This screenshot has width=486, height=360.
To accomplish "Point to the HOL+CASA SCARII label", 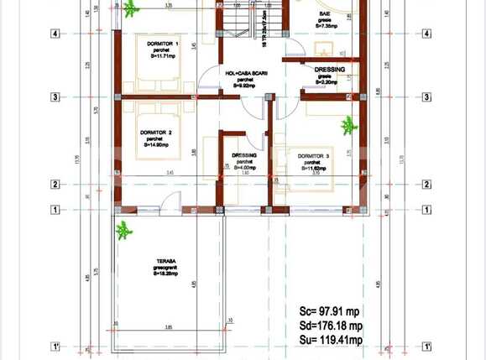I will [244, 73].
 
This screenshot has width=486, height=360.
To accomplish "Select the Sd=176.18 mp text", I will [332, 325].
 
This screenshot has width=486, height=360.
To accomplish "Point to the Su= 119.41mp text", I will [332, 341].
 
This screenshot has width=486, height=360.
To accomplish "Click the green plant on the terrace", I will [124, 228].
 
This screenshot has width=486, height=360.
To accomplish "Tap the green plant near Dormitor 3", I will [348, 126].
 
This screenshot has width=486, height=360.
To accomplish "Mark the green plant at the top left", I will [131, 9].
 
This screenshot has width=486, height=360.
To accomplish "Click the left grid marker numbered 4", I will [55, 34].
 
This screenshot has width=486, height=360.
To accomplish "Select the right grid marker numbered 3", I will [426, 97].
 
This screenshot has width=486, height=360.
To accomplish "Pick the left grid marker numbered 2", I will [55, 185].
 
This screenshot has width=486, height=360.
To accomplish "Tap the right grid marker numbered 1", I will [426, 210].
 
